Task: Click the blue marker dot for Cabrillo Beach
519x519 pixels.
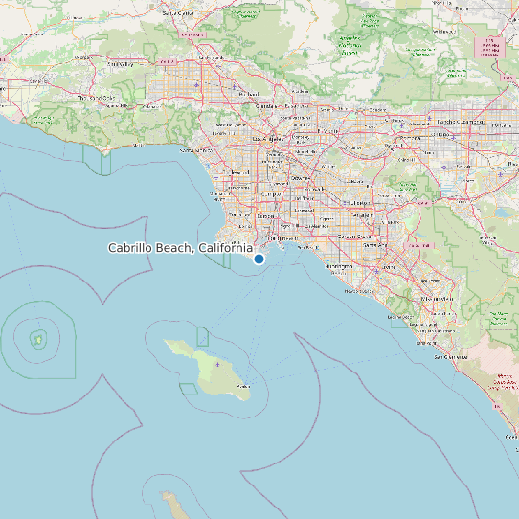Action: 259,259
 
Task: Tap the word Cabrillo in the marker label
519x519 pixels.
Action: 133,248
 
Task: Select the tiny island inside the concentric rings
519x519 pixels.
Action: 38,338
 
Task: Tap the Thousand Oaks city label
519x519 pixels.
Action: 95,98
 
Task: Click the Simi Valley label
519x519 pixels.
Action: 121,64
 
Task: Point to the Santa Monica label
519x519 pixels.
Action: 196,150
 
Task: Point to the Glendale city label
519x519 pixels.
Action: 267,105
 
